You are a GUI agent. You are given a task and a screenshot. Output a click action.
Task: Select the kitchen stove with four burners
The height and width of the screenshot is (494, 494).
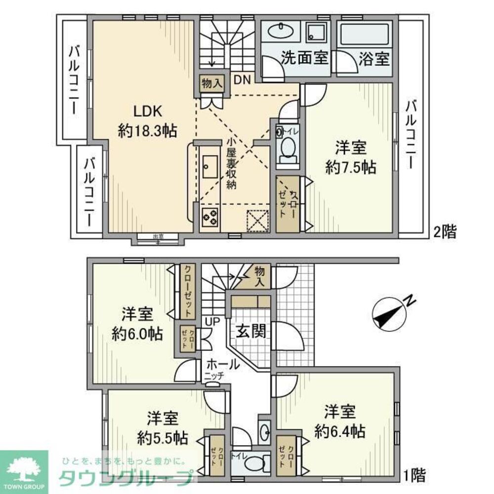[210, 217]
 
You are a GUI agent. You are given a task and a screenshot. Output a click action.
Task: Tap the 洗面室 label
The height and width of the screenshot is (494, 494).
[304, 58]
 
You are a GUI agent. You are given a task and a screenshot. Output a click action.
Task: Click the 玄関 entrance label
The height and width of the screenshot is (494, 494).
[250, 331]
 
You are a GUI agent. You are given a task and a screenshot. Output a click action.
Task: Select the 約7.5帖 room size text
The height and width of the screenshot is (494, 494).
[351, 167]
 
